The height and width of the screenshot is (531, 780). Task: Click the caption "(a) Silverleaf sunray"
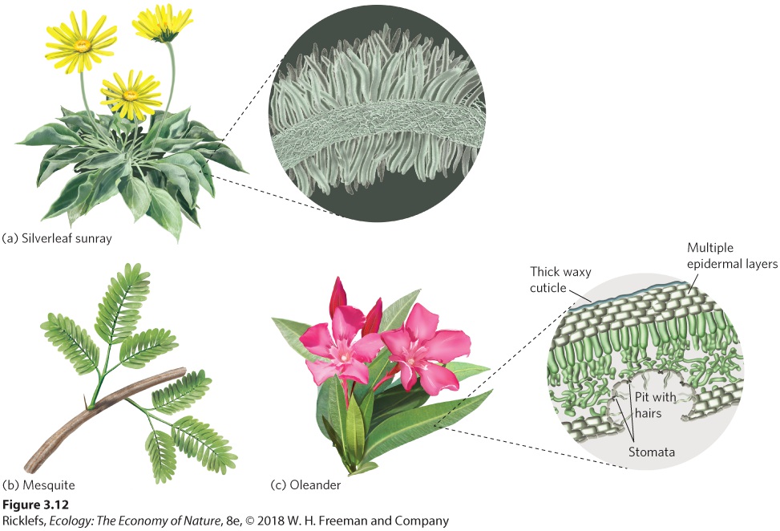[x=57, y=238]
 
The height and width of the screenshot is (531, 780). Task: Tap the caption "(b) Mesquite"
[x=38, y=484]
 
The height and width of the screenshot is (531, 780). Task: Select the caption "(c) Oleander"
[x=305, y=484]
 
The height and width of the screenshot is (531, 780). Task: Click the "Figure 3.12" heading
[x=35, y=505]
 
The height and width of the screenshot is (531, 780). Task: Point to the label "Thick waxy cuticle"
[x=560, y=280]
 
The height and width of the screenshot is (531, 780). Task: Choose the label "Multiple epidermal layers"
[x=732, y=256]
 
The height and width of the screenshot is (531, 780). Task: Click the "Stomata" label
[x=652, y=452]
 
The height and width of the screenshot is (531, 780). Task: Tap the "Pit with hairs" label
[x=655, y=404]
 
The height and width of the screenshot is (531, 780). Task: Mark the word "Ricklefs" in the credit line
[x=23, y=521]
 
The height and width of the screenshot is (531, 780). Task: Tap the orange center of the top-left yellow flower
[x=82, y=46]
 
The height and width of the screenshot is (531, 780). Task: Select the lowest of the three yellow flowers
[x=131, y=95]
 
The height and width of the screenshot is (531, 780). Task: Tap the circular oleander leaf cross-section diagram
[x=645, y=371]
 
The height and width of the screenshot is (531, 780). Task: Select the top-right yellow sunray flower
[x=162, y=24]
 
